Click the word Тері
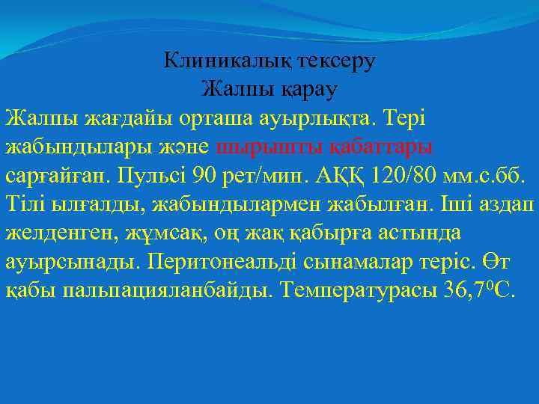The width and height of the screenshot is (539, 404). click(426, 117)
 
